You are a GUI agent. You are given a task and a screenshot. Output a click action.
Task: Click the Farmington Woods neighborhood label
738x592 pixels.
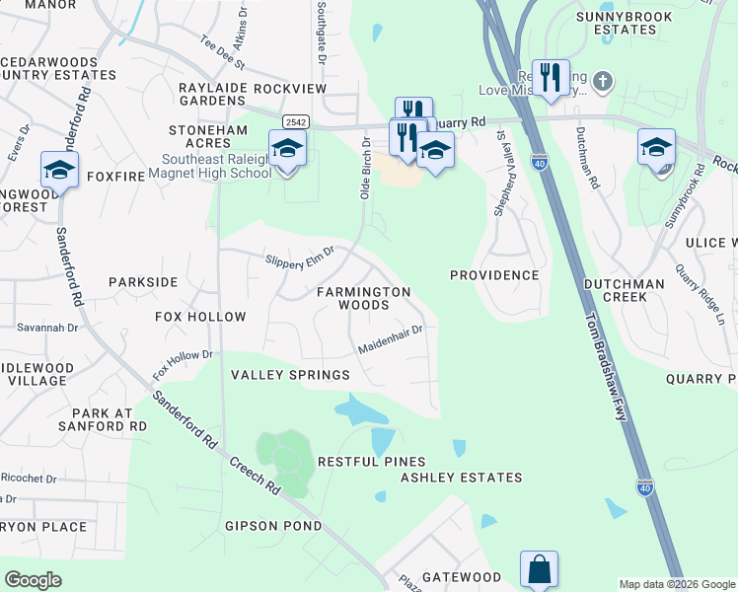coord(363,299)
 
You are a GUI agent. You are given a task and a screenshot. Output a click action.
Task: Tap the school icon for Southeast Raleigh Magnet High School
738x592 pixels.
coord(287,149)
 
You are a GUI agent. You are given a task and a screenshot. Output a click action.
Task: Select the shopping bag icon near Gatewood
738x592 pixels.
coord(539,569)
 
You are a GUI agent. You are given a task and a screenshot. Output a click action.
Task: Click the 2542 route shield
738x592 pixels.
coord(294,121)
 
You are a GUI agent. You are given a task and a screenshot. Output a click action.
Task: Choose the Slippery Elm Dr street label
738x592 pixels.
coord(301,256)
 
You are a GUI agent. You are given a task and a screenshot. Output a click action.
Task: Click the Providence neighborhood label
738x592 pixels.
coord(494,275)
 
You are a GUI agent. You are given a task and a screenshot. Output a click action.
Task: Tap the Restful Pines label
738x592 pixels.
coord(371,462)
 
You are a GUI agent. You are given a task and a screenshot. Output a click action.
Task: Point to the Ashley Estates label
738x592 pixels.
coord(461,478)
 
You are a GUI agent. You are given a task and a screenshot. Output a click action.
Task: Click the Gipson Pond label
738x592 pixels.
coord(273,526)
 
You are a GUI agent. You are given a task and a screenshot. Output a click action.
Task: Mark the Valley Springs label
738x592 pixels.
coord(290,375)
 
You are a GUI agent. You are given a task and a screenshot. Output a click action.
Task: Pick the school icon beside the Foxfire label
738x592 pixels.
coord(59,170)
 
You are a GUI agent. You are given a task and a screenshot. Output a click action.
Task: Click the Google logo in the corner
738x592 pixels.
coord(33,580)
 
